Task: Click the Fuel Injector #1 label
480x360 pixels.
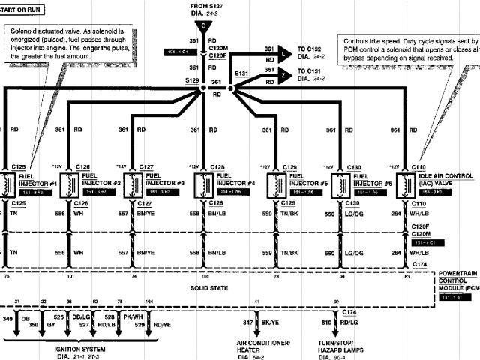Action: (x=37, y=180)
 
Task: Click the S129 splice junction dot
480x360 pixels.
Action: (x=203, y=89)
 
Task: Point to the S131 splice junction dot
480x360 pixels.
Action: (x=232, y=89)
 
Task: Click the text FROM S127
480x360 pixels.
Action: (x=204, y=5)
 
